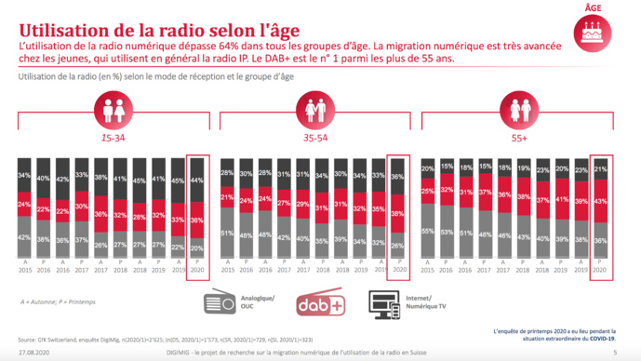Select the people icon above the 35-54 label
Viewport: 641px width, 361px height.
pos(315,111)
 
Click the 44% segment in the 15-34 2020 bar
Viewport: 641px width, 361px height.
pos(197,179)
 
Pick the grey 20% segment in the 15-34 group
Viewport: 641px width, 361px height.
pos(197,247)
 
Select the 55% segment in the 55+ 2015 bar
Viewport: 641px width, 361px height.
pos(427,230)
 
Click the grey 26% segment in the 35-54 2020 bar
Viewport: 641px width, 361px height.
pos(398,245)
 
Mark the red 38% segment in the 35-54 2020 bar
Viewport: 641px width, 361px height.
pos(398,213)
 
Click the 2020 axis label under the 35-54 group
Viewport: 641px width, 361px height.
pos(398,272)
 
